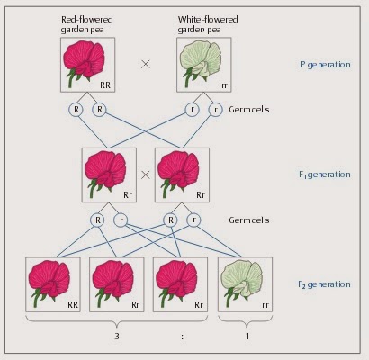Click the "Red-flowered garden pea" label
point(87,24)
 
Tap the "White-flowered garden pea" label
point(208,24)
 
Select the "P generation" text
point(326,65)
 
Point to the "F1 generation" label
point(325,175)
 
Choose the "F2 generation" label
point(324,284)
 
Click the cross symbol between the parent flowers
point(146,64)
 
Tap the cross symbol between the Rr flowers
point(146,175)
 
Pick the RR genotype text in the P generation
point(105,85)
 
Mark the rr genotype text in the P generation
point(224,85)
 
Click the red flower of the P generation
point(84,63)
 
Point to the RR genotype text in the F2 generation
point(73,305)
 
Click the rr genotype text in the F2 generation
point(265,305)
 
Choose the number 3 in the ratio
point(117,336)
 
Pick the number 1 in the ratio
point(247,336)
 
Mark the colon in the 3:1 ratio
point(182,337)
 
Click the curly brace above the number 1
point(246,321)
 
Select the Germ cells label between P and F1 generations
point(249,110)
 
